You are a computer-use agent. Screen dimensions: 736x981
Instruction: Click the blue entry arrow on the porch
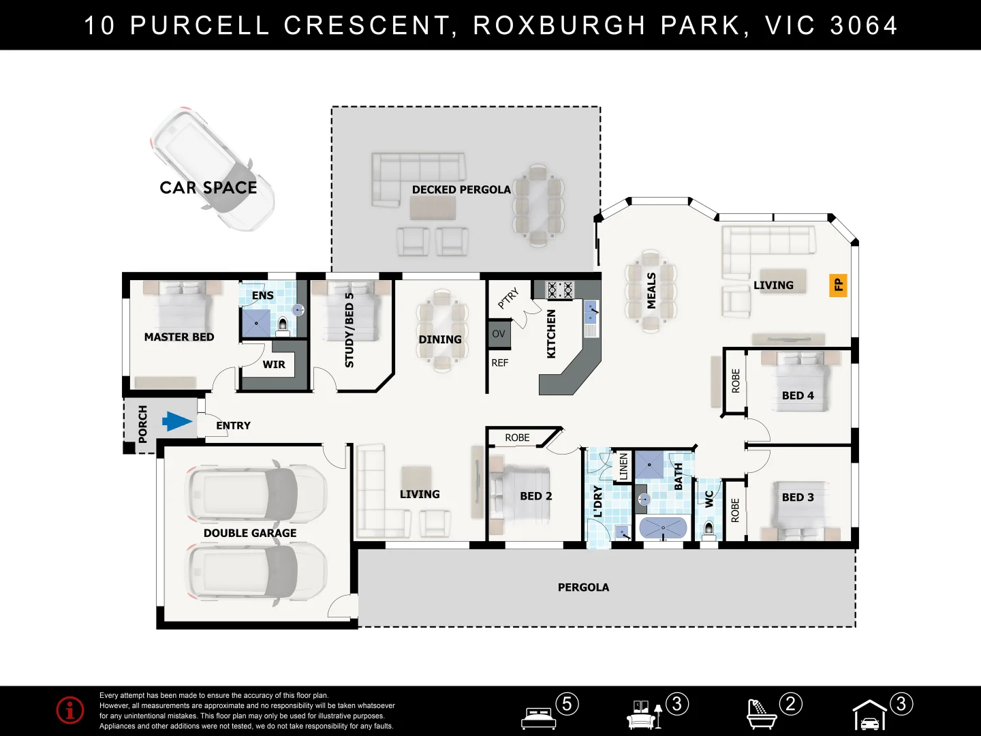click(177, 422)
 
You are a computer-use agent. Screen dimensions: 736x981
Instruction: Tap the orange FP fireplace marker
click(838, 285)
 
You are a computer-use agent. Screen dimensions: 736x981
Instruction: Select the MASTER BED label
click(179, 337)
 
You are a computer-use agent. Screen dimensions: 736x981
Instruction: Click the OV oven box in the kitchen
click(499, 334)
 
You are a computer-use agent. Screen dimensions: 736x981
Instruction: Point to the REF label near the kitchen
click(499, 363)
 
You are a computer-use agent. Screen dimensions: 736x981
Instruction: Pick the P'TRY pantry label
click(508, 298)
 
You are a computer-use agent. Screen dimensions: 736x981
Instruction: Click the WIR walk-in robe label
click(274, 365)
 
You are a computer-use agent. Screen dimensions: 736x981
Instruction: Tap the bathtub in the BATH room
click(662, 528)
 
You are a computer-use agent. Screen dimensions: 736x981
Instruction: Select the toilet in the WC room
click(708, 529)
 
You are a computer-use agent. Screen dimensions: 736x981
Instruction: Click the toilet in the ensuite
click(283, 325)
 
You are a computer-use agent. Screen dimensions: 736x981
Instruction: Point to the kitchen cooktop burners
click(559, 290)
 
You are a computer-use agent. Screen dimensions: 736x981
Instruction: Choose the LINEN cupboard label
click(623, 467)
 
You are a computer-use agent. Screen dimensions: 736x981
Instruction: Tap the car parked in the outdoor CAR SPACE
click(212, 168)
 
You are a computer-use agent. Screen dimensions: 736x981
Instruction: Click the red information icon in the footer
click(70, 710)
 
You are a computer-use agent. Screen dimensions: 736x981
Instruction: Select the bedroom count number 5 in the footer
click(567, 703)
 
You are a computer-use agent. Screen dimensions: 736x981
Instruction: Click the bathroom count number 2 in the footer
click(790, 703)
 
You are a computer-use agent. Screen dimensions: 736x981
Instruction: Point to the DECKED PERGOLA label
click(461, 189)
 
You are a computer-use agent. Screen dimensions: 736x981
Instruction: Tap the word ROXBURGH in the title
click(559, 25)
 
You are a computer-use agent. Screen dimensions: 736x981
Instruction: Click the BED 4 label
click(798, 395)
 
